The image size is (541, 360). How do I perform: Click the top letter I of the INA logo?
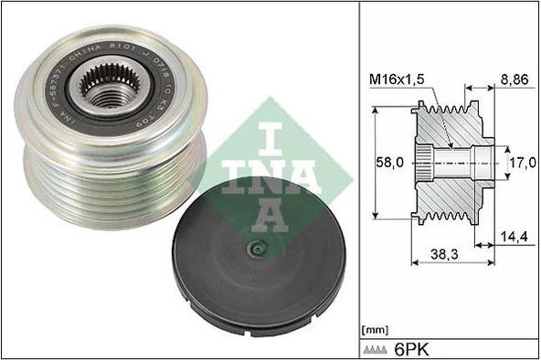click(x=245, y=127)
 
